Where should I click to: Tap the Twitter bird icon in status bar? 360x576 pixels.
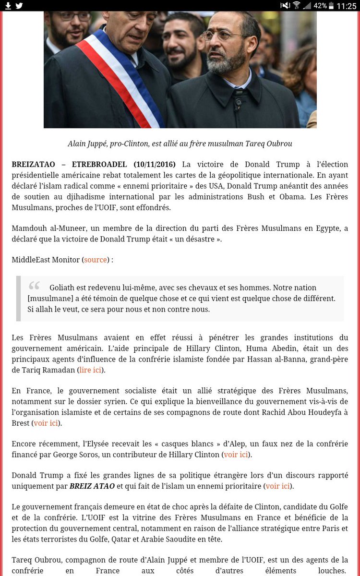click(19, 6)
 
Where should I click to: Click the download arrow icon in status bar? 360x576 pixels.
click(8, 6)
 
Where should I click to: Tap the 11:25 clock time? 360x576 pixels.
click(346, 6)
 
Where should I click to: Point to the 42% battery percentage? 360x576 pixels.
click(320, 6)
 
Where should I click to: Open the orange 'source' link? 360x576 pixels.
click(96, 260)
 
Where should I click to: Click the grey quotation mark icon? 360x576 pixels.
click(34, 286)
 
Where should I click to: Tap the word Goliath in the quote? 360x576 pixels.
click(63, 288)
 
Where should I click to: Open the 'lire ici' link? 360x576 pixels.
click(91, 370)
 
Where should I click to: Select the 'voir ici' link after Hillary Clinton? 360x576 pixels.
click(236, 455)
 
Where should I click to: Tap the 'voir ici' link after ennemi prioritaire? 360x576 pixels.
click(278, 486)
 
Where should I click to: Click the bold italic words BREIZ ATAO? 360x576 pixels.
click(92, 486)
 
